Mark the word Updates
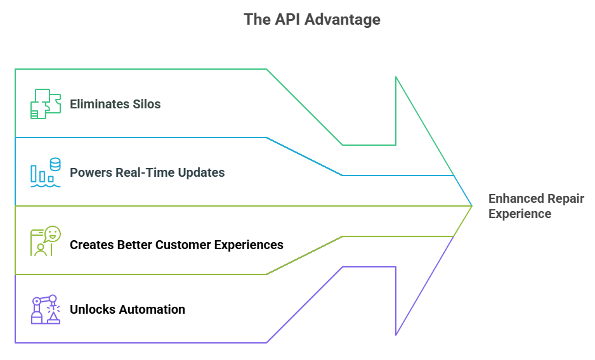(x=199, y=172)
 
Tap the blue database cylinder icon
(x=55, y=164)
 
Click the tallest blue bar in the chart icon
(x=34, y=174)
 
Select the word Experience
(x=520, y=214)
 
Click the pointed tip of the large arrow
(x=472, y=205)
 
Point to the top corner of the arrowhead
(x=396, y=77)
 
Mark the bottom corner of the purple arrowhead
(x=396, y=334)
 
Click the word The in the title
(x=256, y=20)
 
